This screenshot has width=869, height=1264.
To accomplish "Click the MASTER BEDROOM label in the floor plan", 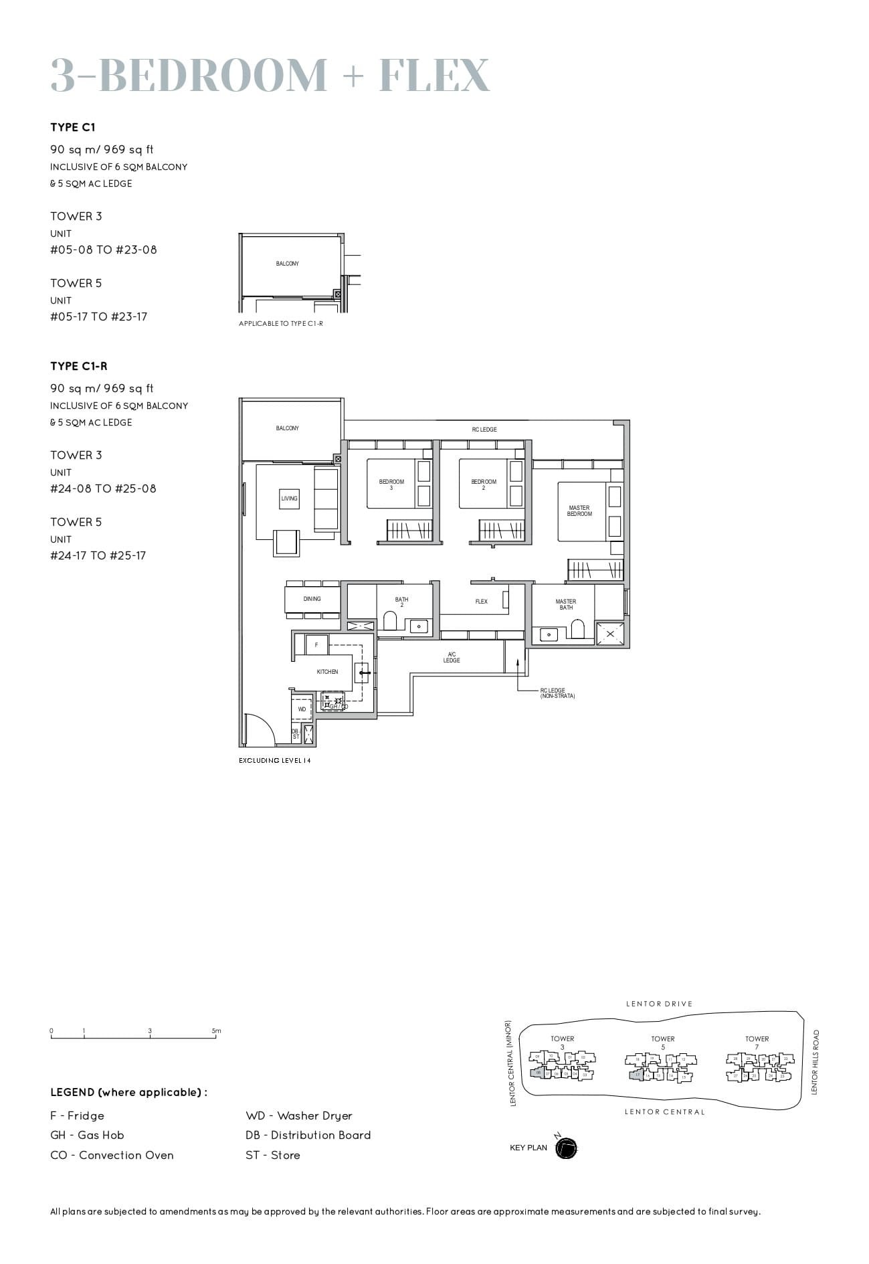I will (x=579, y=511).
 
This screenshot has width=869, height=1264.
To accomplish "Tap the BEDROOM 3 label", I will (x=391, y=484).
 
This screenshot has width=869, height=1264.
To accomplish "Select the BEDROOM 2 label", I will (x=484, y=484).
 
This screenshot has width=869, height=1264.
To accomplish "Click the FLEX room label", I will (x=482, y=602).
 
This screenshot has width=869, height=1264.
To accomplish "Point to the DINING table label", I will (x=312, y=599).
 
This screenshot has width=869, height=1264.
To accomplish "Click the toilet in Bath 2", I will (x=390, y=621).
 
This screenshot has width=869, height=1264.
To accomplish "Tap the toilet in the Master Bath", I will (x=577, y=629).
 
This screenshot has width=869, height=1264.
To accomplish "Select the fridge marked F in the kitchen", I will (x=316, y=645).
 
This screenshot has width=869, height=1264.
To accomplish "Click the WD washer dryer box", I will (x=302, y=709).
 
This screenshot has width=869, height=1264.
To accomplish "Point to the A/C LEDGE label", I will (x=452, y=657).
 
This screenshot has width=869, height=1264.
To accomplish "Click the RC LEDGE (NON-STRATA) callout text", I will (x=557, y=693).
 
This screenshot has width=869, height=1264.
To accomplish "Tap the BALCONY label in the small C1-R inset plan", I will (x=288, y=264).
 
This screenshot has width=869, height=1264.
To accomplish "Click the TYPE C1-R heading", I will (x=79, y=366).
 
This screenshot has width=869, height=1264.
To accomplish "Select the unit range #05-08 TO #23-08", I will (x=104, y=250).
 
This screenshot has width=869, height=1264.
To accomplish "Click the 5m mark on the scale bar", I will (x=216, y=1031).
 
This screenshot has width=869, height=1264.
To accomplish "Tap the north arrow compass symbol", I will (x=566, y=1148).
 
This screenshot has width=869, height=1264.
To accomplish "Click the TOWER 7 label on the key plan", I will (x=757, y=1043).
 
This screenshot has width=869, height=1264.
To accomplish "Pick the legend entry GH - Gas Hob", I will (x=87, y=1135).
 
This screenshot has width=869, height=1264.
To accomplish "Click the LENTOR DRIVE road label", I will (x=659, y=1004).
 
